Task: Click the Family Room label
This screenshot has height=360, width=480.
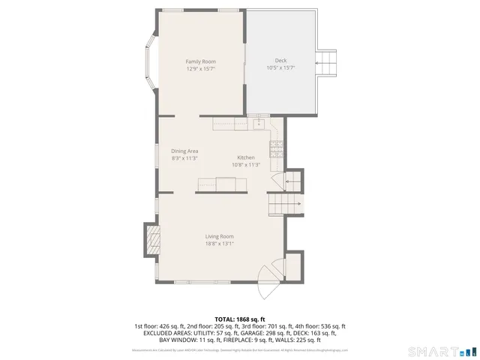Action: tap(200, 61)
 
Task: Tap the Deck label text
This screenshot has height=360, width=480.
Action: tap(280, 61)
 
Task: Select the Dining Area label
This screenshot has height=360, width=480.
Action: tap(184, 151)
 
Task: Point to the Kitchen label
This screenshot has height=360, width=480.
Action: tap(246, 157)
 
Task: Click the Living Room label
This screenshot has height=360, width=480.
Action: tap(220, 236)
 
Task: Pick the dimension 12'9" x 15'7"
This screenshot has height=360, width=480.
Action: tap(200, 68)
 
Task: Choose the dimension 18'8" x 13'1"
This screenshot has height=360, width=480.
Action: tap(220, 244)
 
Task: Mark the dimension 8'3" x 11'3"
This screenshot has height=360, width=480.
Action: tap(184, 158)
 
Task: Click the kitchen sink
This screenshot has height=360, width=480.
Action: tap(260, 122)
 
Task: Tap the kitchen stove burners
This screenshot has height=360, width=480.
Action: tap(276, 147)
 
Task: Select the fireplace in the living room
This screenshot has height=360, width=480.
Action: tap(152, 241)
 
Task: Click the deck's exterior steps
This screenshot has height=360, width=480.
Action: tap(328, 63)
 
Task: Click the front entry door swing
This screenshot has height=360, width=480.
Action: tap(268, 283)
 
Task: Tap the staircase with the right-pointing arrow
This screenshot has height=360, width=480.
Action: tap(286, 203)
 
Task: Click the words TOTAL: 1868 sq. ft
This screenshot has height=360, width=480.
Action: tap(240, 319)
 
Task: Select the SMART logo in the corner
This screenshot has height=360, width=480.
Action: tap(442, 351)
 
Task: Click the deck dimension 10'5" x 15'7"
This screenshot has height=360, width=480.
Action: tap(280, 68)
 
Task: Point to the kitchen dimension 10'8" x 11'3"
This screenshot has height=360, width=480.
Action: tap(246, 165)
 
